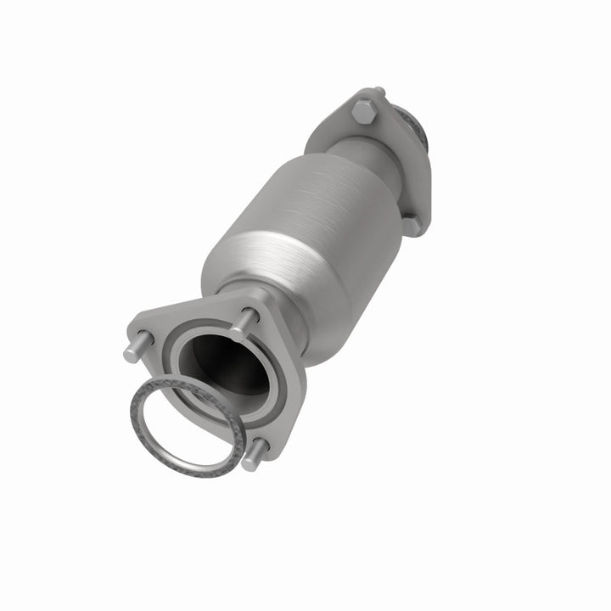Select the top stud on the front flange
pyautogui.click(x=246, y=320)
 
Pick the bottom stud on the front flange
pyautogui.click(x=256, y=459)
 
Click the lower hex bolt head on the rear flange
pyautogui.click(x=411, y=224)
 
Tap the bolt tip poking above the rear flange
pyautogui.click(x=378, y=92)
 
